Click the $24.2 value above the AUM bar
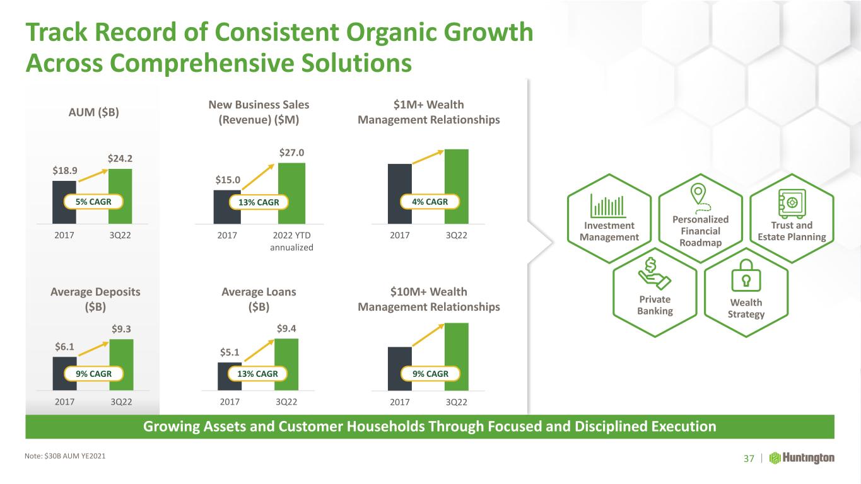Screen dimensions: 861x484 (120, 158)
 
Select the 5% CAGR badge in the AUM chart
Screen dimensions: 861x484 (93, 202)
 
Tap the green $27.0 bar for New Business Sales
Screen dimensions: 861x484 (292, 193)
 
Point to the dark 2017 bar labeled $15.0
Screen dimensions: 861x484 (227, 207)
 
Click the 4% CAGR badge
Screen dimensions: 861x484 (430, 202)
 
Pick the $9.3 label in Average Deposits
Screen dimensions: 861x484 (121, 329)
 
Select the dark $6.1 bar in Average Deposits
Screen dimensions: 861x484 (64, 373)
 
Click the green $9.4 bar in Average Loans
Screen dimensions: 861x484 (286, 364)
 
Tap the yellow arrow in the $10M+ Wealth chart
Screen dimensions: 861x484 (428, 335)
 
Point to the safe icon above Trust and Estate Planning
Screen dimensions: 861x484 (792, 203)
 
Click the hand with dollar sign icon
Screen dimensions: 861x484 (654, 274)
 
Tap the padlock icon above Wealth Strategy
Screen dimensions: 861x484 (746, 275)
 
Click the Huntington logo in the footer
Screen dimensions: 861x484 (802, 458)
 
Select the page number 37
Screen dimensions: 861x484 (749, 459)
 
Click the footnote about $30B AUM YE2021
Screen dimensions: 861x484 (65, 456)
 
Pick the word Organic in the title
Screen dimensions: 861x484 (391, 32)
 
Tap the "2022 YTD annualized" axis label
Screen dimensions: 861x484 (292, 241)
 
